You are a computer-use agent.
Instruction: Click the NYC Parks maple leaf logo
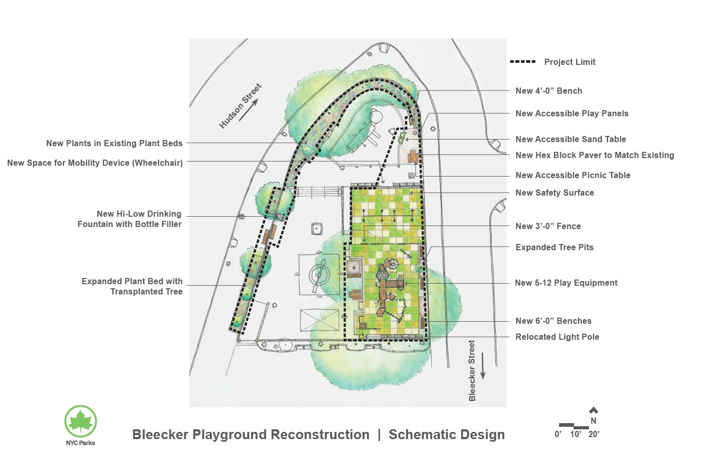click(x=80, y=421)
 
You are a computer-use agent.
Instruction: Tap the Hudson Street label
click(x=240, y=106)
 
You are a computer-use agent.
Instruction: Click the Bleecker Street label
click(x=472, y=370)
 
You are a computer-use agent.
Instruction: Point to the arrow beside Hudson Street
click(x=248, y=110)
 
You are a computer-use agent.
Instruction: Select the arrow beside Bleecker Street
click(x=483, y=366)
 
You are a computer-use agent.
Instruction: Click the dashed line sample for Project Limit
click(x=523, y=62)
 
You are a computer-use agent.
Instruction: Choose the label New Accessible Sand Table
click(x=570, y=139)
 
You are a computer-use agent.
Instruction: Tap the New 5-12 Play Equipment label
click(x=566, y=283)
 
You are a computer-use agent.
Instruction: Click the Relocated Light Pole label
click(x=557, y=337)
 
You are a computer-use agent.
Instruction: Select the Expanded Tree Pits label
click(x=554, y=247)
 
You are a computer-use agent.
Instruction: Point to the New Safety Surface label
click(x=554, y=193)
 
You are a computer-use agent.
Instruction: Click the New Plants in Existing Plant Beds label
click(x=114, y=143)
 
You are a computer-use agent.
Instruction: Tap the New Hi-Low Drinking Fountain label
click(x=129, y=219)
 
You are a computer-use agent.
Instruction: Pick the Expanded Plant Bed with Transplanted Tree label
click(x=132, y=286)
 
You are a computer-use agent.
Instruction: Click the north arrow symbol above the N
click(x=594, y=410)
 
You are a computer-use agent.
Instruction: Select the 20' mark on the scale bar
click(x=594, y=434)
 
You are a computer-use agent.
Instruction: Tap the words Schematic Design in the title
click(x=446, y=434)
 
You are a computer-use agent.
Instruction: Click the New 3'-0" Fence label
click(x=548, y=226)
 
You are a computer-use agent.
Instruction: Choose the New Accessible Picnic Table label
click(x=572, y=175)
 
